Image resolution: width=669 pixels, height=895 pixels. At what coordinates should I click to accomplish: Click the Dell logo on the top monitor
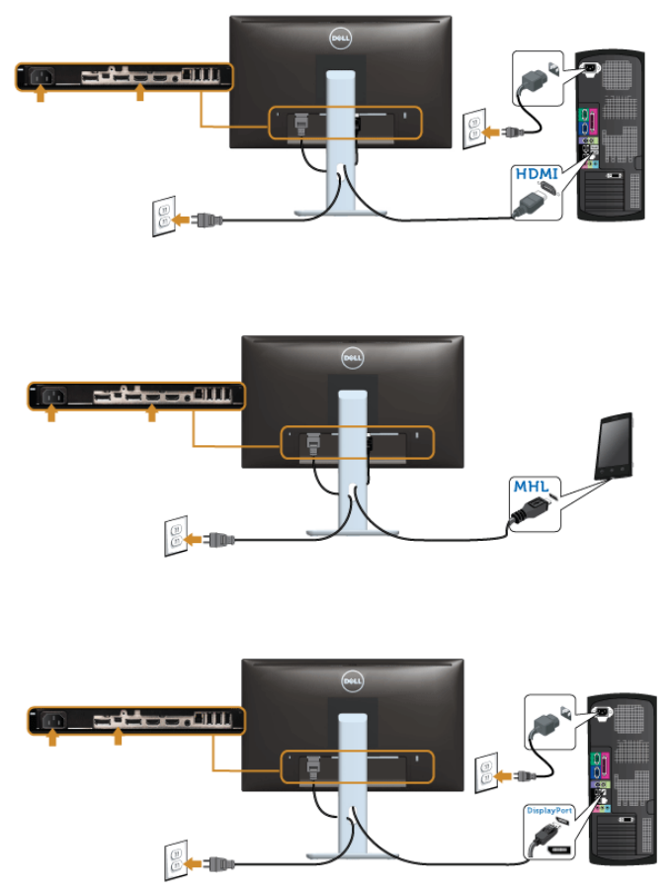[341, 41]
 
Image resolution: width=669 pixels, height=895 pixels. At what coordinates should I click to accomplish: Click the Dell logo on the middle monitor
[353, 357]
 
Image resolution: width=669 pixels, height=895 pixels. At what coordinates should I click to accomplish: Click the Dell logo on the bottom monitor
[353, 680]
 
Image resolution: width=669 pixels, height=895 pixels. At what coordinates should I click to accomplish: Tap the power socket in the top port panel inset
[40, 76]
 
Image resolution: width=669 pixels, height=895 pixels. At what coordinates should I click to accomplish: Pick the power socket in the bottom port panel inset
[50, 719]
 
